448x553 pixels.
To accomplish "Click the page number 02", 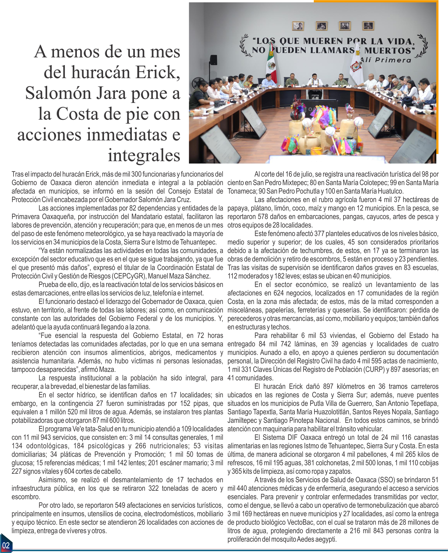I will pos(6,545).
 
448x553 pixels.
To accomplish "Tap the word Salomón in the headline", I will pos(58,93).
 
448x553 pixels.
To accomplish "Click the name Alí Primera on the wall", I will pos(386,60).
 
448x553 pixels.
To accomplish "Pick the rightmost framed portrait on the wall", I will pos(368,26).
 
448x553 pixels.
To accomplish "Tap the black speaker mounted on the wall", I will pos(213,60).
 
